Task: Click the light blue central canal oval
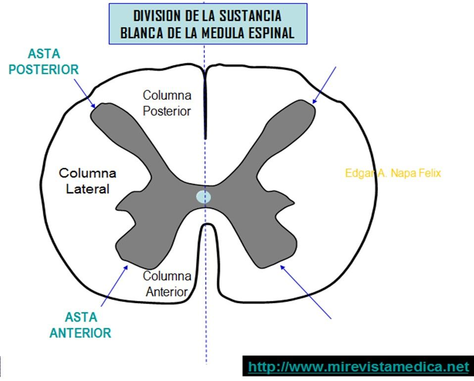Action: pos(203,197)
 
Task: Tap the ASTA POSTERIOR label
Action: pos(44,62)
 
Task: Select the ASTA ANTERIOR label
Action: pos(80,325)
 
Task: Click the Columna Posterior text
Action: pos(167,103)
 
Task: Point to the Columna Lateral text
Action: pos(88,181)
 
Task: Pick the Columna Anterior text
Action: pos(166,284)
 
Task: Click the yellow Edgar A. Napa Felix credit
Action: pos(393,173)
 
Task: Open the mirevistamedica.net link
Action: pos(358,367)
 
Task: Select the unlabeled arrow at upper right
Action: pos(325,85)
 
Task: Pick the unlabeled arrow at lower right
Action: pos(305,291)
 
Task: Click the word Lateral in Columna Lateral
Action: pos(88,188)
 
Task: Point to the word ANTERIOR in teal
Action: pos(80,333)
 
